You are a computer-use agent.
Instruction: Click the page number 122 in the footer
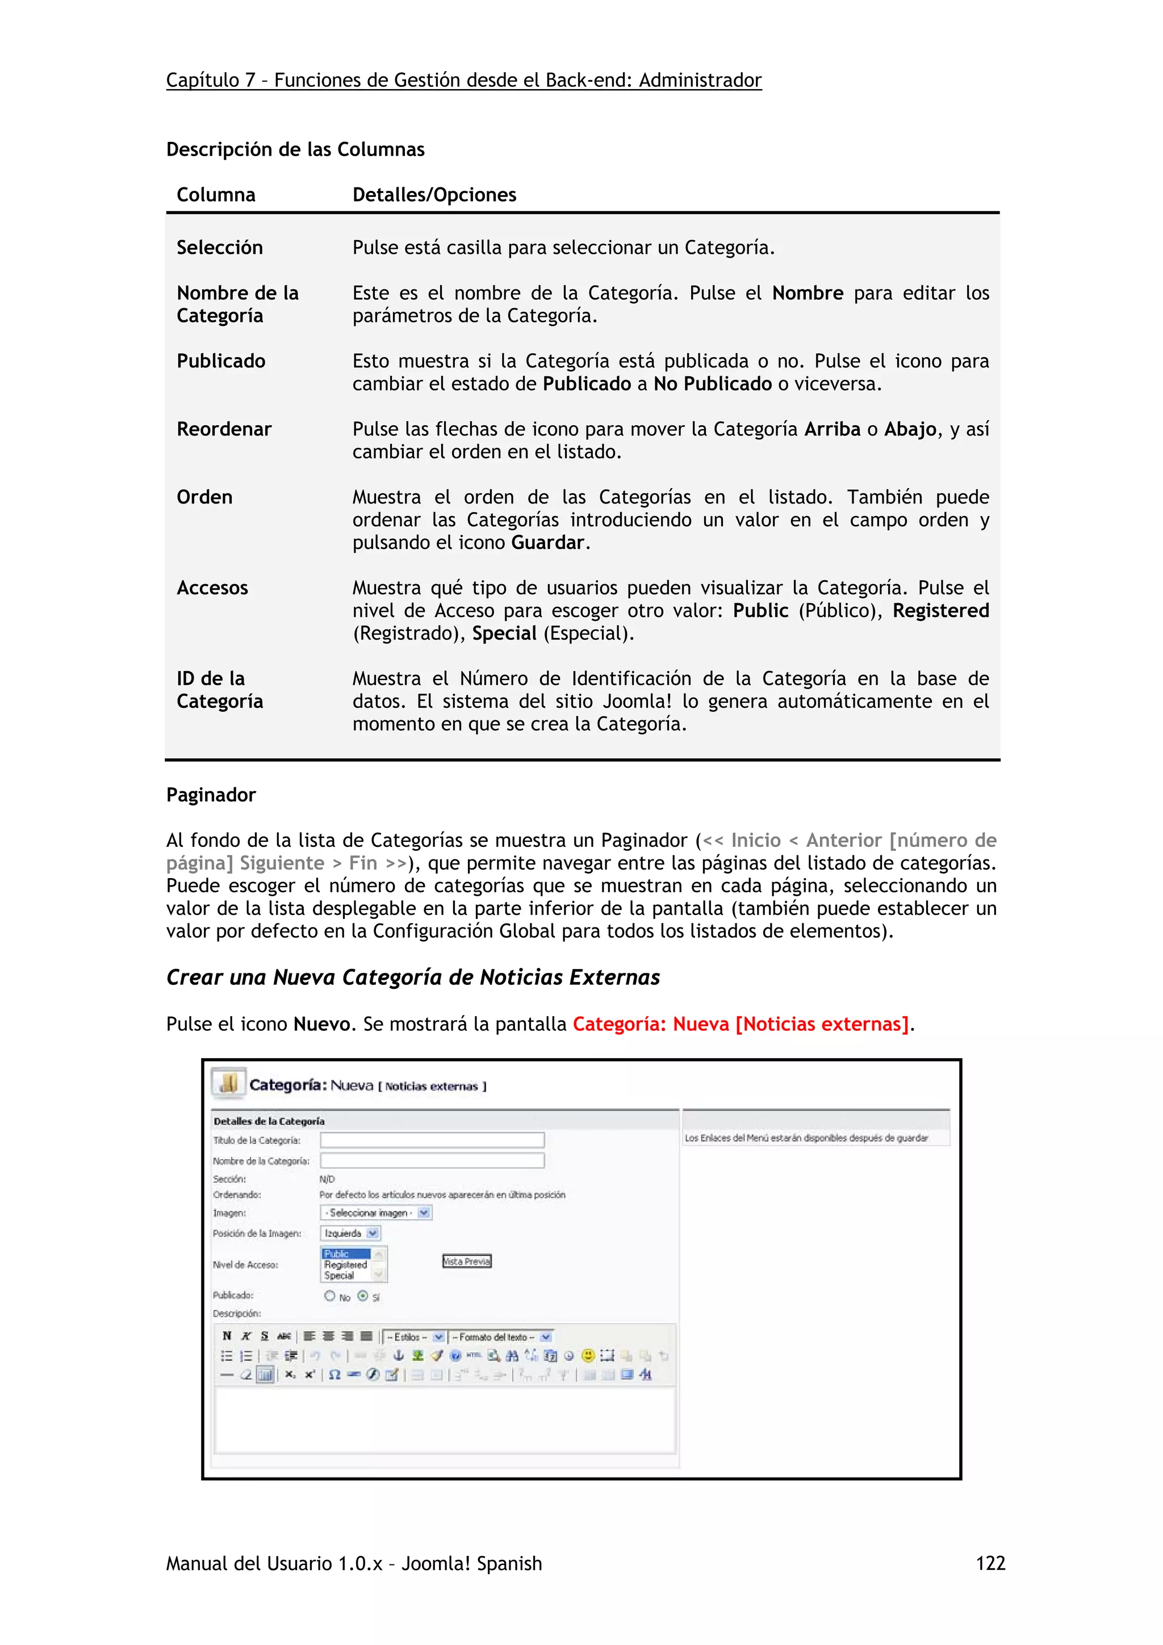[990, 1563]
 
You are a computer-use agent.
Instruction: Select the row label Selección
[219, 248]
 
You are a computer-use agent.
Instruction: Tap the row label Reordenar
[224, 429]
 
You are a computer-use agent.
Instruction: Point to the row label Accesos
[212, 588]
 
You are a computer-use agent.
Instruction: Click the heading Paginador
[211, 795]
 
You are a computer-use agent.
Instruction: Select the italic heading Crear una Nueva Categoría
[413, 978]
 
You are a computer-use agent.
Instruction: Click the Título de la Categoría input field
[432, 1140]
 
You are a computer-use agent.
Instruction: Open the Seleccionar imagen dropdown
[376, 1213]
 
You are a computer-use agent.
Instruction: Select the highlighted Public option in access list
[345, 1254]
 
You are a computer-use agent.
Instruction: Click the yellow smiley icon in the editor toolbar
[588, 1356]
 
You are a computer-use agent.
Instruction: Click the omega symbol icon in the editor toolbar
[334, 1375]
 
